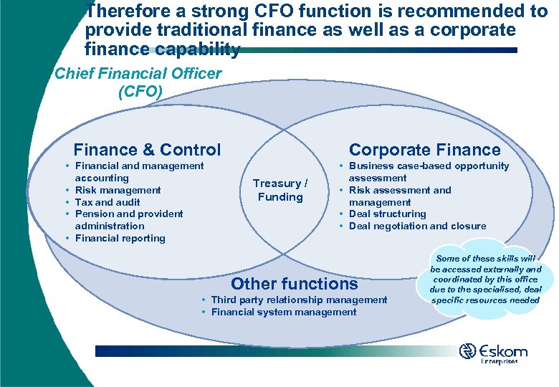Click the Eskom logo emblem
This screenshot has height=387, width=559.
coord(467,352)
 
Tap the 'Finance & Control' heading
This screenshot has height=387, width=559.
coord(147,150)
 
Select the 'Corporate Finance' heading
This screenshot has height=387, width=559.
coord(424,150)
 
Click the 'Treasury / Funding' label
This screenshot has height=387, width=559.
coord(280,190)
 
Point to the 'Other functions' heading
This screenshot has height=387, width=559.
coord(294,283)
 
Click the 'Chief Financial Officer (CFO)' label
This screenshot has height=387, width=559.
coord(139,82)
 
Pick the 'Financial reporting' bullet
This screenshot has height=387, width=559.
coord(120,238)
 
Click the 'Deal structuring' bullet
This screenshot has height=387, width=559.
coord(387,214)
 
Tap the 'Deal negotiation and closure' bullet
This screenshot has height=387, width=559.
coord(417,226)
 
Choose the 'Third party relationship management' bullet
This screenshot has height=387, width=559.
coord(299,300)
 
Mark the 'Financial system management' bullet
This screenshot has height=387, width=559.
coord(284,312)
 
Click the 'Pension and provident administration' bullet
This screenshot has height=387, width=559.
coord(128,219)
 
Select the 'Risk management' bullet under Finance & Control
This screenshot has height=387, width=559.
coord(118,190)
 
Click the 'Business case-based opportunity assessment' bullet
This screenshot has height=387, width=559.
coord(428,171)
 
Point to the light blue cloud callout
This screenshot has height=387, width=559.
coord(486,279)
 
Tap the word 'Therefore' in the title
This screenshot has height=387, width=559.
coord(128,11)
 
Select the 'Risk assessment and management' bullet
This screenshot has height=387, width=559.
coord(399,196)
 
